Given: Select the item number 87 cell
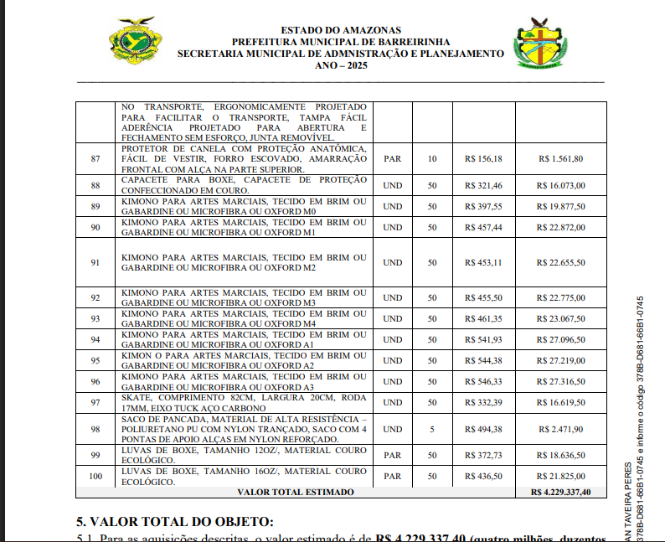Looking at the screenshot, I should (95, 159).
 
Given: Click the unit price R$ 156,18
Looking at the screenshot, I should (483, 159).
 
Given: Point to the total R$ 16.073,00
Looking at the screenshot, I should (561, 185).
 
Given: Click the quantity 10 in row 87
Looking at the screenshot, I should (432, 159).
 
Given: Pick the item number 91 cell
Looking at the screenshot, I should (95, 262).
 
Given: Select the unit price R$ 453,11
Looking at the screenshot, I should (483, 262).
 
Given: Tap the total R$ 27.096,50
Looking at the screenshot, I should (561, 340).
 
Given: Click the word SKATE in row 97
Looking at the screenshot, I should (134, 397).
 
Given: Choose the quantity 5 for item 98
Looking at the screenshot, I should (432, 429).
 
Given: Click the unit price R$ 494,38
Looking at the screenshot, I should (483, 429).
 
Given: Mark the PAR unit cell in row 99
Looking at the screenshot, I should (392, 455).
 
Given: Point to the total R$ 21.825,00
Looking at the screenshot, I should (561, 476).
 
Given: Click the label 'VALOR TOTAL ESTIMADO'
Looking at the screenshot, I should (296, 492).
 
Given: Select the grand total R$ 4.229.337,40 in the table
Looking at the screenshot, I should (561, 492).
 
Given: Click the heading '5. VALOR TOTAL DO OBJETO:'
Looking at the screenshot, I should (174, 521).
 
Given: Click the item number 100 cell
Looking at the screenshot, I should (95, 476).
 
